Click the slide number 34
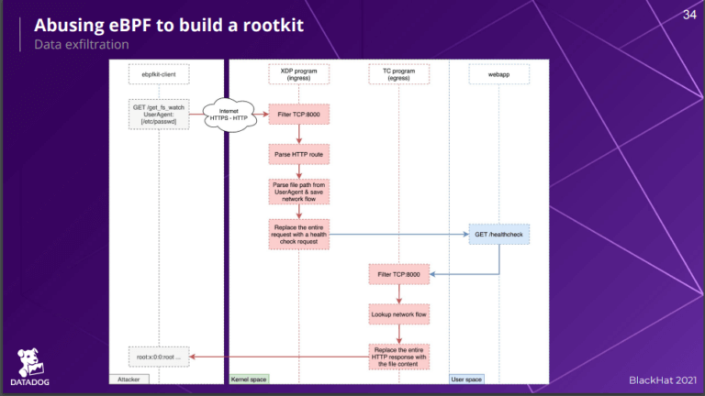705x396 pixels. pos(689,14)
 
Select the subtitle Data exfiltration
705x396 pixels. pos(81,43)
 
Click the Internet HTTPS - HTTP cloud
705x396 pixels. pos(229,114)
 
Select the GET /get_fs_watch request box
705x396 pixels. pos(159,114)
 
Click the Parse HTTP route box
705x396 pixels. pos(298,153)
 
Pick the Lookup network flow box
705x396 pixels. pos(399,314)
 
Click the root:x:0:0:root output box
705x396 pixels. pos(159,357)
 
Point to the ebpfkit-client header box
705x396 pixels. pos(159,73)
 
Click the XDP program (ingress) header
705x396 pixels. pos(298,73)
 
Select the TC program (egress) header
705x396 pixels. pos(399,73)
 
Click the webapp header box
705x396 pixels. pos(498,73)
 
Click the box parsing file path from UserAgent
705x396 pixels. pos(298,192)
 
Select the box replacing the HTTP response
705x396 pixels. pos(399,357)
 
